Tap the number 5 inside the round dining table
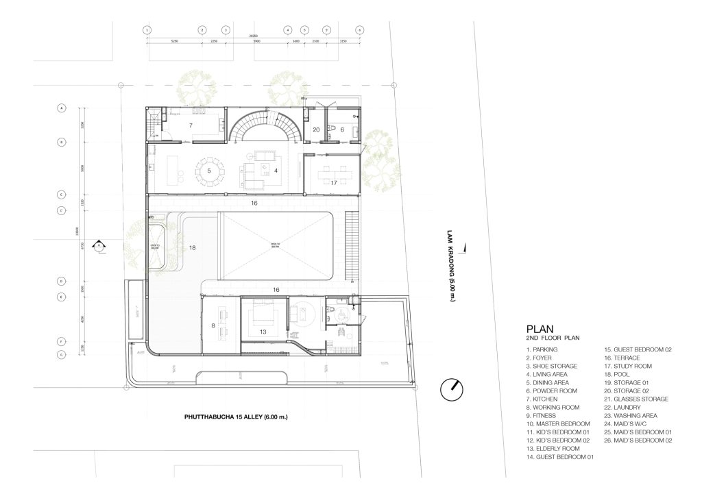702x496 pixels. tap(208, 170)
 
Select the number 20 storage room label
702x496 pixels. tap(316, 129)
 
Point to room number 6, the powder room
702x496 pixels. tap(341, 129)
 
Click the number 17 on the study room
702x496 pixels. tap(333, 183)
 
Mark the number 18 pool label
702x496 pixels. tap(192, 248)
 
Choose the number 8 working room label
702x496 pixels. tap(213, 325)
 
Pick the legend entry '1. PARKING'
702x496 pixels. tap(543, 349)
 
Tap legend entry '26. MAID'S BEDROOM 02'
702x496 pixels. tap(637, 441)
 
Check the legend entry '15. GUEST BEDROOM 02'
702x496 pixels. tap(638, 349)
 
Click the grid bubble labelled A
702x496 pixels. tap(61, 108)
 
